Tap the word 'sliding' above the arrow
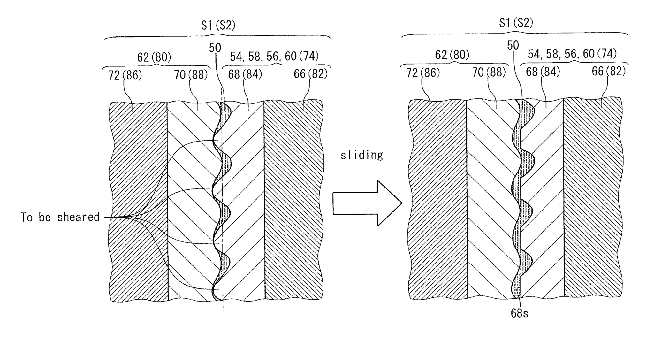tap(361, 156)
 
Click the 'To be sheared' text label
tap(60, 217)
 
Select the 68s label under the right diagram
tap(519, 313)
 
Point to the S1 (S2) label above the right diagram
tap(516, 23)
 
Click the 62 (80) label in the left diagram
tap(154, 57)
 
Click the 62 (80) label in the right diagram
tap(452, 55)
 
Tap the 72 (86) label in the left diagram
tap(125, 75)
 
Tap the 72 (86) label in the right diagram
tap(423, 73)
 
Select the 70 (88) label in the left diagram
tap(191, 75)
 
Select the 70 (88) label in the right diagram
tap(489, 73)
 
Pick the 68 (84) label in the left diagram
tap(245, 74)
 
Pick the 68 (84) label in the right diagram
tap(543, 72)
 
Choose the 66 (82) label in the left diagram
tap(310, 74)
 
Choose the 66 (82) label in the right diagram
tap(608, 71)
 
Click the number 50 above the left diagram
tap(215, 48)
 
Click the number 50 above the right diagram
tap(513, 46)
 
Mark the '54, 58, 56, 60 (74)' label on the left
tap(274, 57)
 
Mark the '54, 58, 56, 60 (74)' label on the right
tap(572, 54)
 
